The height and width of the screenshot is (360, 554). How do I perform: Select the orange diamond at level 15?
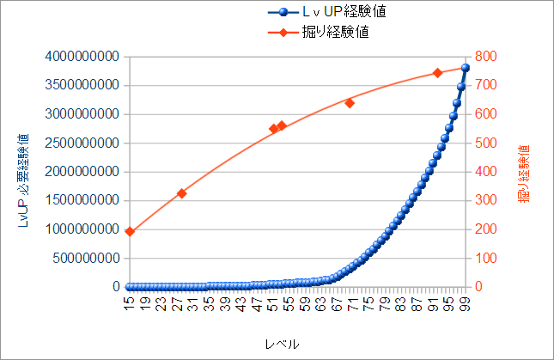click(x=130, y=232)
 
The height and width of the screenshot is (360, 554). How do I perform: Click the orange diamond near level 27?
click(x=181, y=193)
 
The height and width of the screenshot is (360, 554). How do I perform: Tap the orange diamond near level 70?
click(x=350, y=103)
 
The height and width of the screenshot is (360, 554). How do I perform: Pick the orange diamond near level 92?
click(x=437, y=73)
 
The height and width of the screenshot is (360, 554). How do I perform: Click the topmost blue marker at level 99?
click(x=466, y=68)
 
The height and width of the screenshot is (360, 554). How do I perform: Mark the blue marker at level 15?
click(x=130, y=286)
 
